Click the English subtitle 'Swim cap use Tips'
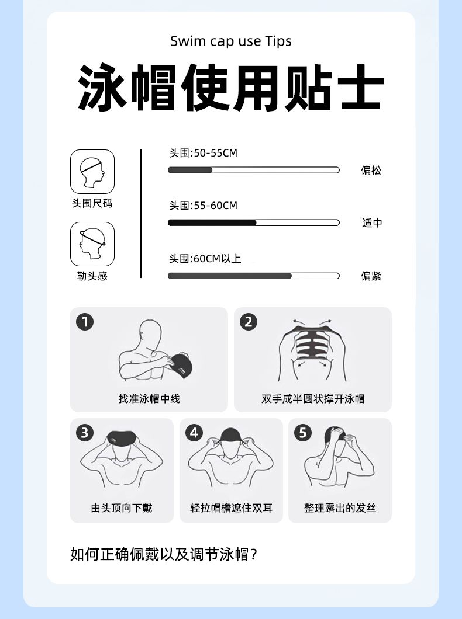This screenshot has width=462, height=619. coord(231,41)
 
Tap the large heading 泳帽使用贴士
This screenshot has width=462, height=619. coord(231,88)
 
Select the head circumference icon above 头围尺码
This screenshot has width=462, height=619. coord(92,172)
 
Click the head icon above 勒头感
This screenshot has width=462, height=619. coord(92,244)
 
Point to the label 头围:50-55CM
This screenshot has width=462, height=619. coord(203,153)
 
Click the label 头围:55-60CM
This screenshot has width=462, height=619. coord(203,206)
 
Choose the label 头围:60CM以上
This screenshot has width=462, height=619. coord(205,259)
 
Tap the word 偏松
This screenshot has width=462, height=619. coord(371,170)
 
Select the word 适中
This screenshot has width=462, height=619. coord(372,223)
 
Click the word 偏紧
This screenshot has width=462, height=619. coord(371,276)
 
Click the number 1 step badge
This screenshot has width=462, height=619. coord(85,322)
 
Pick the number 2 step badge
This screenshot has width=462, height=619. coord(249,322)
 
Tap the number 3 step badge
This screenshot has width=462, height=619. coord(85,433)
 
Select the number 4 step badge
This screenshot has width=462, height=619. coord(194,433)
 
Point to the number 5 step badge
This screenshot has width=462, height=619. coord(303,433)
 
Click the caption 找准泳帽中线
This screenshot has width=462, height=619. coord(149,399)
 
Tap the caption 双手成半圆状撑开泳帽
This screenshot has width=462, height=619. coord(313,399)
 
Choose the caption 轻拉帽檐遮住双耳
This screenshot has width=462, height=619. coord(231,507)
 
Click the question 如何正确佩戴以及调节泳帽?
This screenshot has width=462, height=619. coord(164,554)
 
